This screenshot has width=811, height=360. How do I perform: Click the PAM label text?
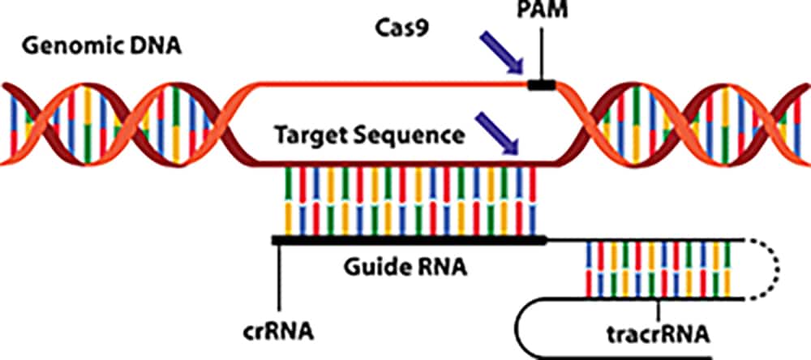click(x=542, y=14)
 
